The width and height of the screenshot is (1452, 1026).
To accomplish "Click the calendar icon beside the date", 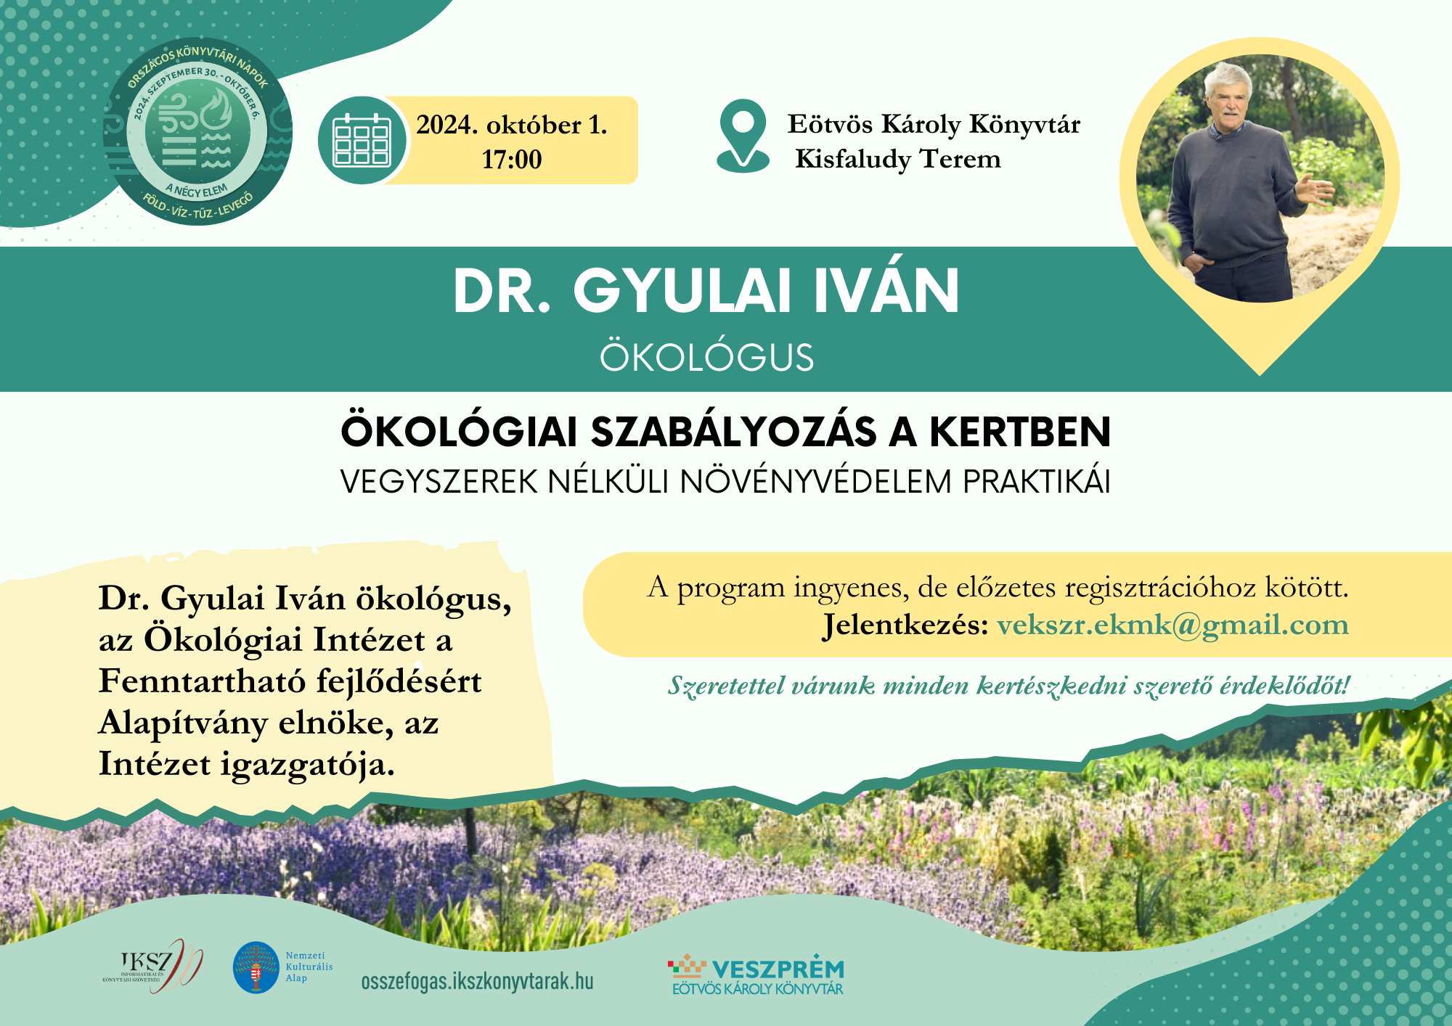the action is click(362, 140).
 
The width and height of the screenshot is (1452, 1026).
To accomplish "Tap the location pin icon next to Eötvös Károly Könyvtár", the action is click(743, 136).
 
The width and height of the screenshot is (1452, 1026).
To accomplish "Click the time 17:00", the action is click(512, 160).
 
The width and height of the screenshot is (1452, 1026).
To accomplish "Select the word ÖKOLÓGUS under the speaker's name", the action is click(706, 357).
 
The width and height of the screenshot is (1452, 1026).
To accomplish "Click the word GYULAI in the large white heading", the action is click(683, 292).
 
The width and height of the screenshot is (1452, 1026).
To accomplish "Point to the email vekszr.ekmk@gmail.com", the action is click(1172, 625).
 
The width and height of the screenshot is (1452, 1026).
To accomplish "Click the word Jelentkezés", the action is click(905, 625).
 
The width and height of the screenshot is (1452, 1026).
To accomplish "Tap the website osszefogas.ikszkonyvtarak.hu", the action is click(477, 982).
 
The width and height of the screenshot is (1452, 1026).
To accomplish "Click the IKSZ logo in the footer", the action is click(152, 967).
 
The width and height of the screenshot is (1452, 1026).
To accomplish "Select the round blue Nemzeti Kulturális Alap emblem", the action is click(256, 967).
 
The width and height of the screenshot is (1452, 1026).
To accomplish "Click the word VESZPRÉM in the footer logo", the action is click(778, 969).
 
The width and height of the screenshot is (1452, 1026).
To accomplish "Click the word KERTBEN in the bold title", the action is click(1020, 432).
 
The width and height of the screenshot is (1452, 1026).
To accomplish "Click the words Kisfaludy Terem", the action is click(898, 159).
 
